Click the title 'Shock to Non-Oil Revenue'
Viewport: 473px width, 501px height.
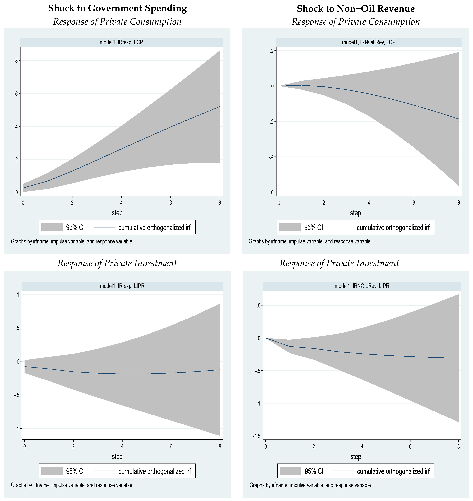(356, 9)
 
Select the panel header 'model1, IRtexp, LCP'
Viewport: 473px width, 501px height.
(121, 42)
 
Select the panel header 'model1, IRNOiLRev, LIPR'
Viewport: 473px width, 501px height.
(362, 286)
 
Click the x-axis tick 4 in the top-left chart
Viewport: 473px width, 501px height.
(121, 203)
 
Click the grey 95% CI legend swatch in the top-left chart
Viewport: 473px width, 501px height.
(52, 227)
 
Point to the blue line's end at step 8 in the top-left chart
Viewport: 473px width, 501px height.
(220, 107)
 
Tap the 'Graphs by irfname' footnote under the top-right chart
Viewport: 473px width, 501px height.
(309, 241)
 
